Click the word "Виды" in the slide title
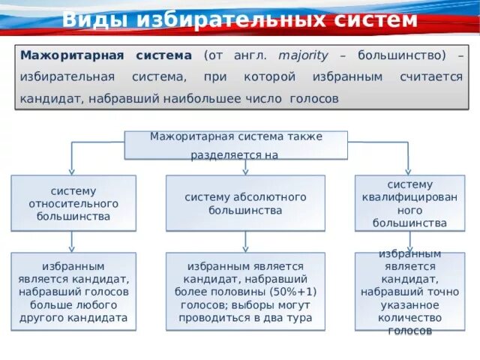[x=89, y=20]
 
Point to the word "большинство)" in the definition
[x=403, y=56]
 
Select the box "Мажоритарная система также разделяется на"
[x=235, y=145]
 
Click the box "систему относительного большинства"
[x=73, y=203]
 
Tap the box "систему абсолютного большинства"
[x=245, y=203]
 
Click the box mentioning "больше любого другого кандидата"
[x=73, y=292]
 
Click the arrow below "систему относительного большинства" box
[x=72, y=241]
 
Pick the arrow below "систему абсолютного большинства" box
[x=245, y=241]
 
